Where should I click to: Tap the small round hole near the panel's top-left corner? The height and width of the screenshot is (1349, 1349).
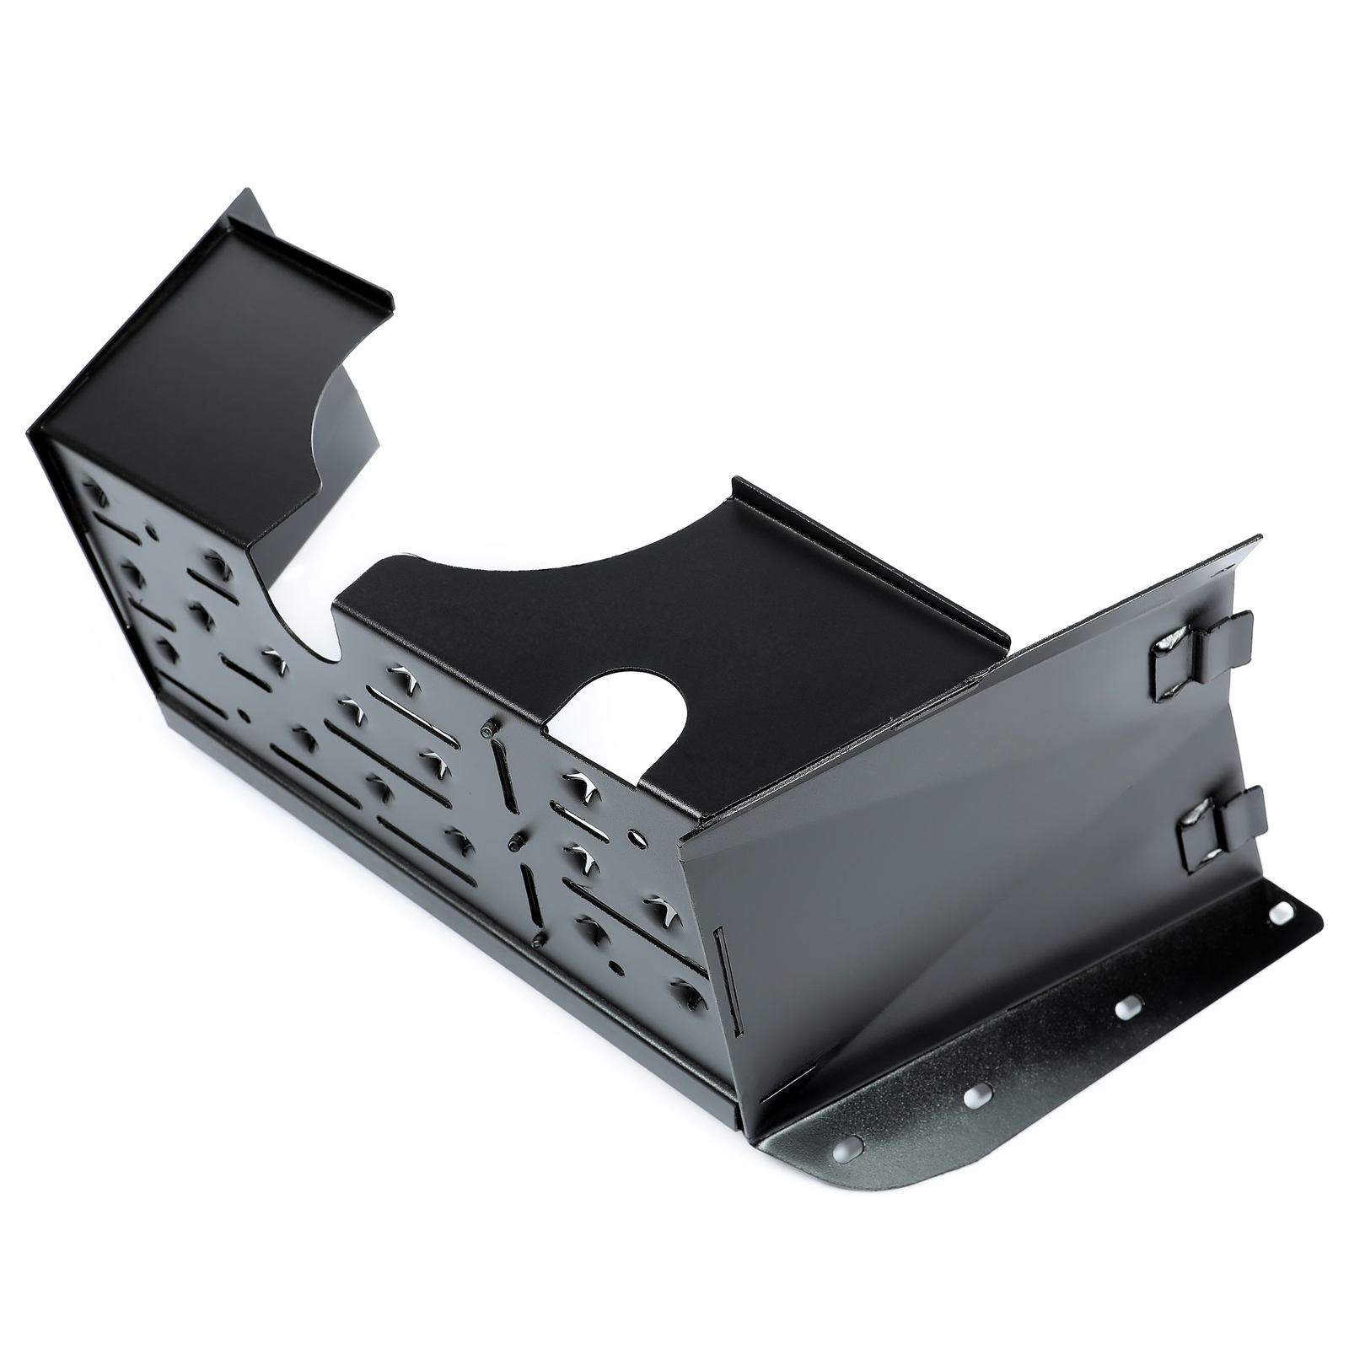point(152,531)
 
